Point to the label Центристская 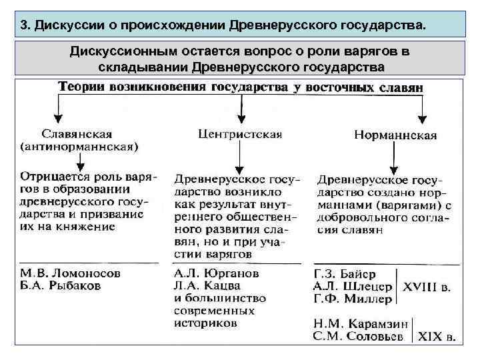(x=240, y=133)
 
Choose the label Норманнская (x=395, y=135)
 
